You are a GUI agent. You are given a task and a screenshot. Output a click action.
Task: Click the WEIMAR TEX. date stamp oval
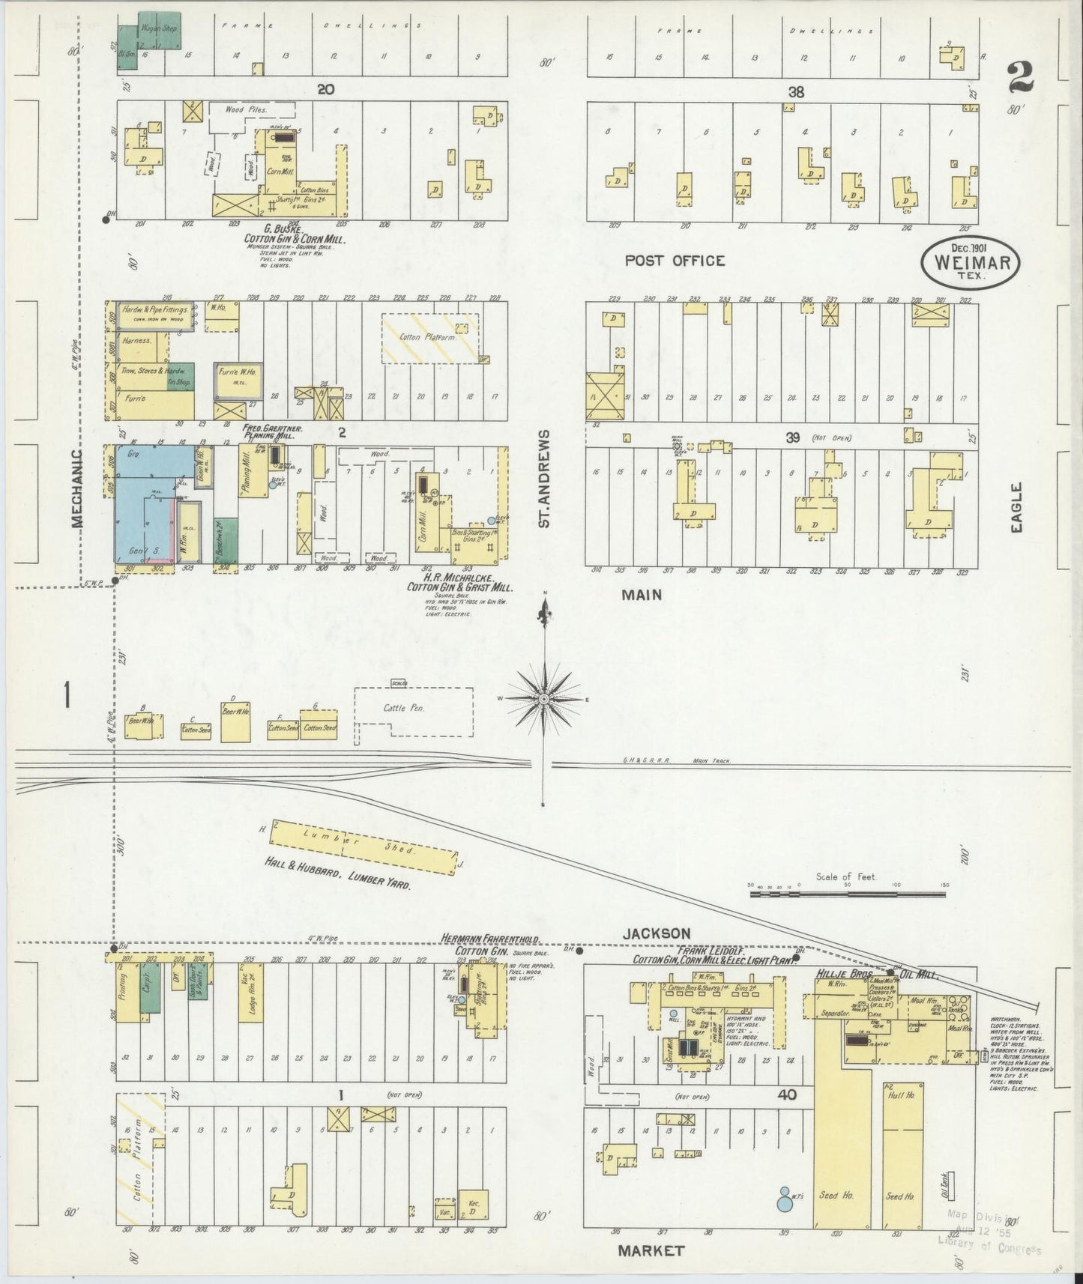coord(971,261)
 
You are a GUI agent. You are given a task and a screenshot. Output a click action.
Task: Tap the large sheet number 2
coord(1020,76)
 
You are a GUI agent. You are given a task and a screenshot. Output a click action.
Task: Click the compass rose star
coord(543,699)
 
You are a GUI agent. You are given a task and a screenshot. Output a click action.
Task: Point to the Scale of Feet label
coord(846,876)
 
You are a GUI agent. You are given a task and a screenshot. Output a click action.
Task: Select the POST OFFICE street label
coord(675,261)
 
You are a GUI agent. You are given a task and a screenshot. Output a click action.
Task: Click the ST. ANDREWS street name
coord(545,478)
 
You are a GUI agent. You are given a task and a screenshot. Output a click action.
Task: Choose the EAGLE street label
coord(1016,507)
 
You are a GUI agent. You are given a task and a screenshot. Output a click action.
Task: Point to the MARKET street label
coord(651,1250)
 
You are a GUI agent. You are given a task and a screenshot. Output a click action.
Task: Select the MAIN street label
coord(641,594)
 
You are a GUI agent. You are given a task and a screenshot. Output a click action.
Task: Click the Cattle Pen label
coord(404,708)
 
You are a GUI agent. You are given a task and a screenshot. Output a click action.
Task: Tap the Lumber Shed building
coord(363,847)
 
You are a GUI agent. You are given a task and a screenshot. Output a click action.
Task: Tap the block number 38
coord(795,92)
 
